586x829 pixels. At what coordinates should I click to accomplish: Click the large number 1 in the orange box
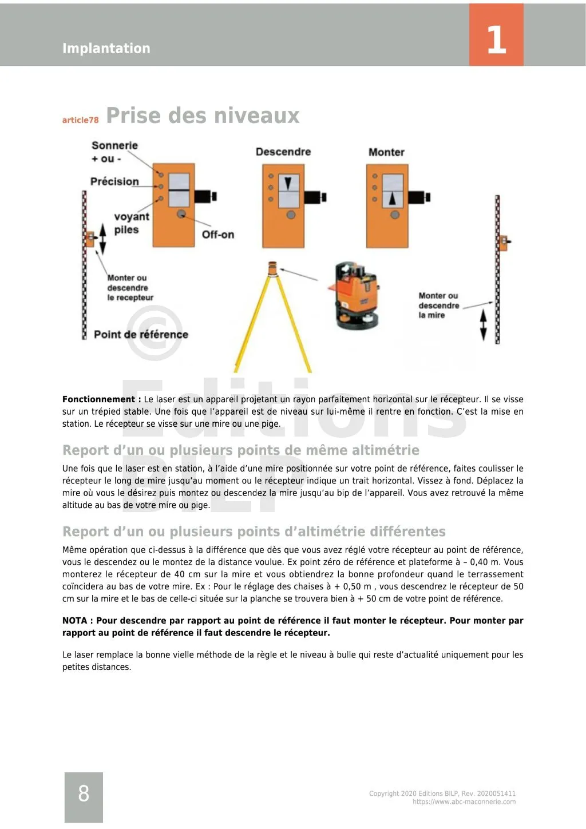click(x=496, y=40)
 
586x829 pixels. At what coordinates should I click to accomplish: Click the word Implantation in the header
click(x=106, y=49)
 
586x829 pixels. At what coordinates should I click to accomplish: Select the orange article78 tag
click(x=80, y=120)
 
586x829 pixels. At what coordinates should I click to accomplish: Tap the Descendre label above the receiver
click(x=283, y=152)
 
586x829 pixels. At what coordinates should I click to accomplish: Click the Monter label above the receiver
click(x=386, y=153)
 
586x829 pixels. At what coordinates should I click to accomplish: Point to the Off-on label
click(x=217, y=235)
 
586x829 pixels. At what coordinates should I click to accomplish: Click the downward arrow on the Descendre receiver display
click(x=288, y=183)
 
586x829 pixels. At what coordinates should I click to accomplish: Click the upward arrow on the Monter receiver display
click(x=392, y=198)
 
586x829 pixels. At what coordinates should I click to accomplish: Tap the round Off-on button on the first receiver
click(x=181, y=214)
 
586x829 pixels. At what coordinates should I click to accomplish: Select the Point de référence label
click(x=141, y=335)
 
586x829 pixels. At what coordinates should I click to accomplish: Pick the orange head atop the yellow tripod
click(x=273, y=267)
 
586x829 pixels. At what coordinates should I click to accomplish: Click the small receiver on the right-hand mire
click(x=503, y=243)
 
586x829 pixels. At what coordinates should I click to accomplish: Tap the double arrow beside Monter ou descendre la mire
click(x=484, y=325)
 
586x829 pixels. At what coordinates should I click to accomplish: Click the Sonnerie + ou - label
click(x=114, y=152)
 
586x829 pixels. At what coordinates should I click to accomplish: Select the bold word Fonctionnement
click(x=98, y=399)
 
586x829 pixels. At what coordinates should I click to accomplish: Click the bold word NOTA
click(x=74, y=621)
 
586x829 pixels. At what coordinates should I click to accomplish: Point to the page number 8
click(x=84, y=794)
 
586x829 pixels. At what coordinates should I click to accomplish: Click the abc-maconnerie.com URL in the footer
click(x=464, y=802)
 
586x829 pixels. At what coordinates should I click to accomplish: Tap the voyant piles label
click(x=131, y=223)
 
